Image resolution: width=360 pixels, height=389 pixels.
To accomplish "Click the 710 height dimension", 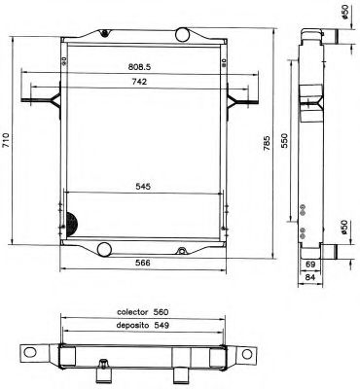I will click(8, 141).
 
